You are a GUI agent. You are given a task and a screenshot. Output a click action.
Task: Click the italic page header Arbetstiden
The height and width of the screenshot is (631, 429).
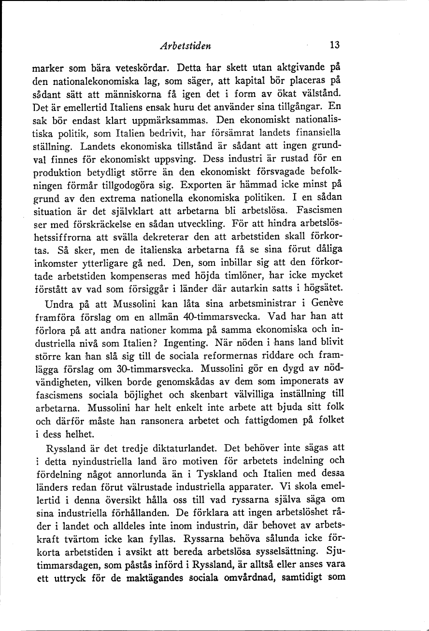click(x=186, y=46)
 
